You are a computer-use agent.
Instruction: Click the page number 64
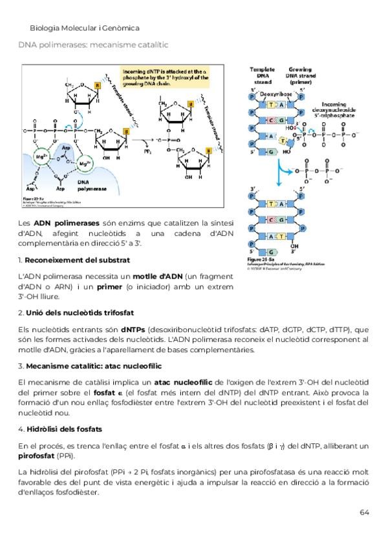(364, 512)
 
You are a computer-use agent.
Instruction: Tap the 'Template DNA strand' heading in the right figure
(262, 75)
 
